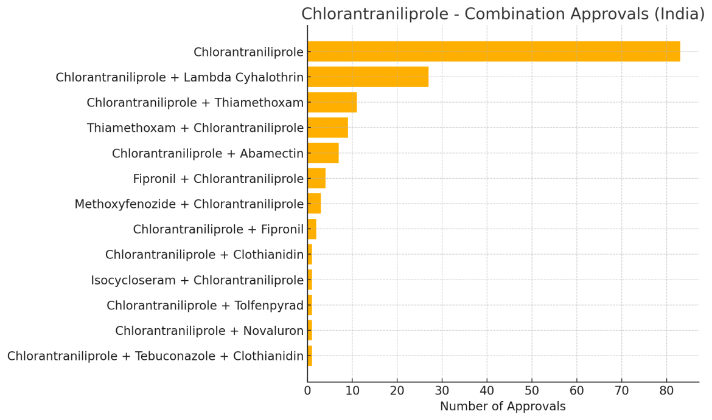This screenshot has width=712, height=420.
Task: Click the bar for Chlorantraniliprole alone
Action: tap(494, 52)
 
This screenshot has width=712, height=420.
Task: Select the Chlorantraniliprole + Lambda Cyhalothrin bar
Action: tap(368, 77)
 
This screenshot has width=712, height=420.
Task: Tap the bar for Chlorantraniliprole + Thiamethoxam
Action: tap(332, 103)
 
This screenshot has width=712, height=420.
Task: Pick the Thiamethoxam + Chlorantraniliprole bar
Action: tap(327, 128)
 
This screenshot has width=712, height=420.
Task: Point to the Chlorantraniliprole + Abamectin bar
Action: tap(323, 153)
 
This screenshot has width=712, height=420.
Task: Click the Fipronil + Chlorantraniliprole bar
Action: tap(316, 179)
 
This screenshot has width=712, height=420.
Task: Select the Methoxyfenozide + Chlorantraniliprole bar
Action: tap(314, 204)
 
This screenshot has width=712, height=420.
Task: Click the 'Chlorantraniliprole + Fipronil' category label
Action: tap(218, 229)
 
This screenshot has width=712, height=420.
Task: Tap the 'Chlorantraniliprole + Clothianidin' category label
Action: tap(204, 255)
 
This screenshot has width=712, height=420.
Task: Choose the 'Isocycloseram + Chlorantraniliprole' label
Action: tap(197, 280)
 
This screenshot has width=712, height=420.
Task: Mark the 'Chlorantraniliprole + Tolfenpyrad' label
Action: tap(204, 306)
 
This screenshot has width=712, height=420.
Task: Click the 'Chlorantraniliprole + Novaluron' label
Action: tap(209, 331)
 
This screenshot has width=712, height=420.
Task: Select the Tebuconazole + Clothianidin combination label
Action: tap(155, 356)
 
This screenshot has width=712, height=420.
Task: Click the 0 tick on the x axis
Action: tap(307, 390)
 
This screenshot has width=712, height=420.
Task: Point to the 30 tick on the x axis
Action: tap(442, 390)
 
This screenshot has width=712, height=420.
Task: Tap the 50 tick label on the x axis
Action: tap(532, 390)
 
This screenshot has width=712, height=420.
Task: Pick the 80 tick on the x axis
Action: tap(666, 390)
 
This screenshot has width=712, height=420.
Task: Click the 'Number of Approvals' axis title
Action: tap(503, 407)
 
